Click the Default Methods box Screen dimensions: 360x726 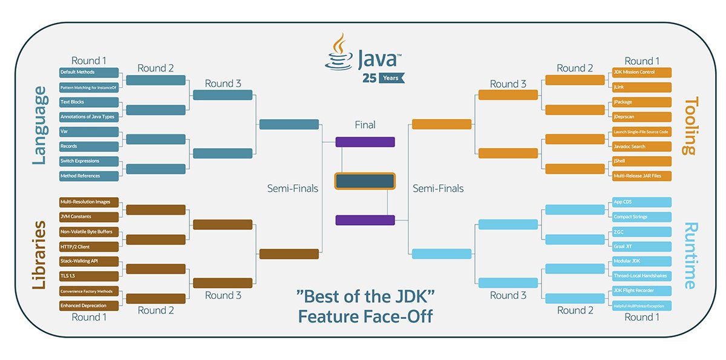tap(89, 73)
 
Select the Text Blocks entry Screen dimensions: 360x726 tap(89, 102)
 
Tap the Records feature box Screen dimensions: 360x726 tap(89, 146)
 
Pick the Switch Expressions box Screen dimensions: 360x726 tap(89, 161)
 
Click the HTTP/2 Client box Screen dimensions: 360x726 tap(89, 247)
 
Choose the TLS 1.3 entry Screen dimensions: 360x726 tap(89, 277)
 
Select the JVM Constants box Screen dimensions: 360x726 tap(89, 217)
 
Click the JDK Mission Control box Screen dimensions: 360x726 tap(641, 73)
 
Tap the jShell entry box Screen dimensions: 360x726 tap(641, 161)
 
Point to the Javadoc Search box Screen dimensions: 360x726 tap(641, 146)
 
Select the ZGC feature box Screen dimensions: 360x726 tap(641, 232)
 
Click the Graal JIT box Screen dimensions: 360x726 tap(641, 247)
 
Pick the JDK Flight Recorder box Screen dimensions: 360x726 tap(641, 291)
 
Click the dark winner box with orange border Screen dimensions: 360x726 tap(365, 181)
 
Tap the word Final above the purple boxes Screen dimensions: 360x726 tap(365, 125)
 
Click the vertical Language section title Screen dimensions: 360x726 tap(39, 125)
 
